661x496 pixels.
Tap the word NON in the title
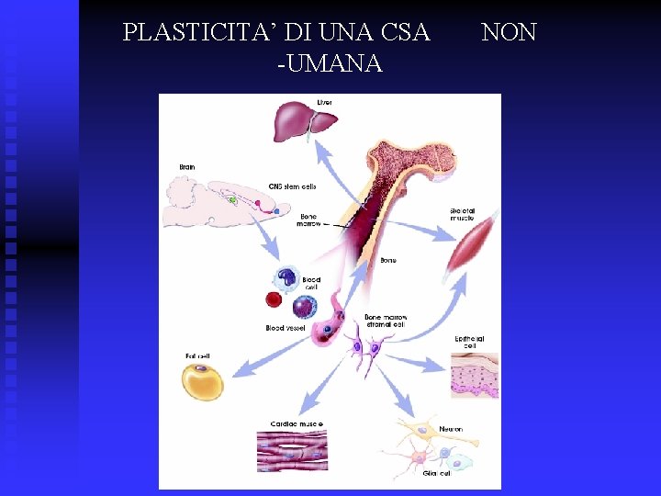pyautogui.click(x=509, y=33)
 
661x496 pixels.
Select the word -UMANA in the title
pyautogui.click(x=329, y=63)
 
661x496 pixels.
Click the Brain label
pyautogui.click(x=187, y=167)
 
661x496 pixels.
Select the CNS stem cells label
pyautogui.click(x=292, y=186)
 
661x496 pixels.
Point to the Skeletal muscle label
pyautogui.click(x=463, y=214)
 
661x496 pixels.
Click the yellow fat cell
pyautogui.click(x=201, y=381)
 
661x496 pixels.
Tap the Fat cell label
pyautogui.click(x=197, y=356)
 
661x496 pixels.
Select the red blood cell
pyautogui.click(x=273, y=299)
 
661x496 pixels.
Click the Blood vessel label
pyautogui.click(x=286, y=328)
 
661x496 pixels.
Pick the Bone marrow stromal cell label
pyautogui.click(x=385, y=321)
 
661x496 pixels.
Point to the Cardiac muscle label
pyautogui.click(x=297, y=423)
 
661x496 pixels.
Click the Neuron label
pyautogui.click(x=451, y=429)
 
